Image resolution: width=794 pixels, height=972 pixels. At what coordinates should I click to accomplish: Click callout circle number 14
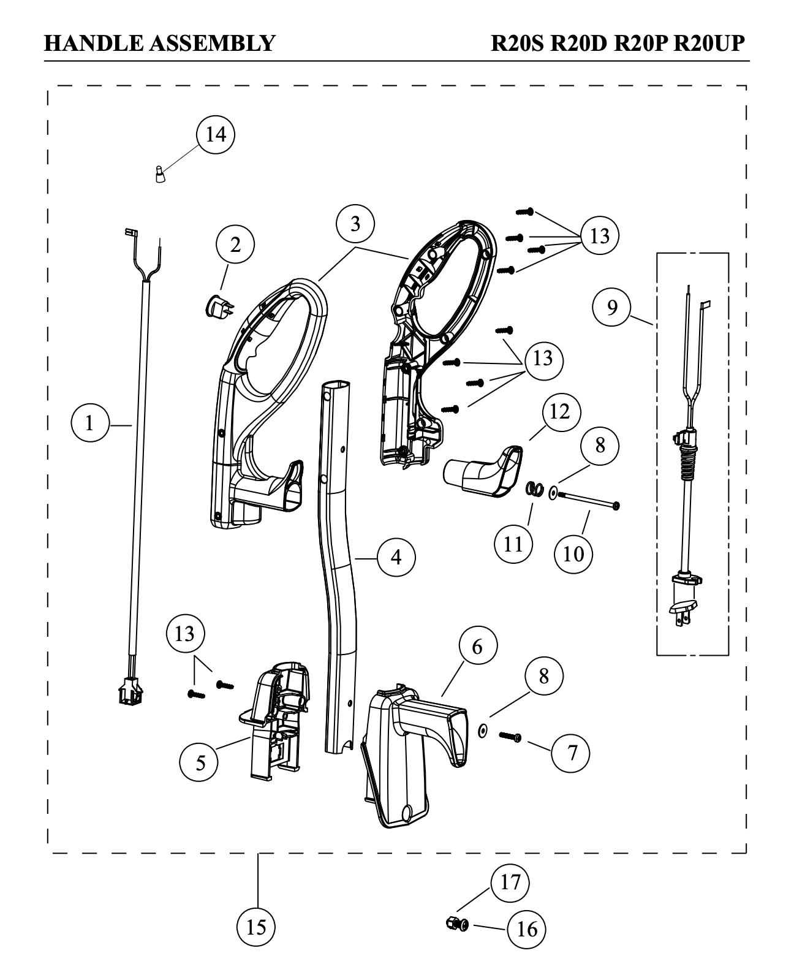216,134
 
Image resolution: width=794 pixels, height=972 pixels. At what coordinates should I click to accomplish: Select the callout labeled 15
256,927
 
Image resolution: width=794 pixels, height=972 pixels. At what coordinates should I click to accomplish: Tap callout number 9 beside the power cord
613,307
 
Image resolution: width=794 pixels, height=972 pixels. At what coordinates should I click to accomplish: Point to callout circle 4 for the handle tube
396,558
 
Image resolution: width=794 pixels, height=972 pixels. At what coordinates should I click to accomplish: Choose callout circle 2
235,245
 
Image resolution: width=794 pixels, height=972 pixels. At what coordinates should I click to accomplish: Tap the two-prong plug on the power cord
682,610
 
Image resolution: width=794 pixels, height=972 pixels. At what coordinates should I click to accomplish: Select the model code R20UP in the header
711,44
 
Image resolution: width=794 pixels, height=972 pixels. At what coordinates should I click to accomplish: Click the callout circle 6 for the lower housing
477,647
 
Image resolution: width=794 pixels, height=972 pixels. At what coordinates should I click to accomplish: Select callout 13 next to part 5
184,633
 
